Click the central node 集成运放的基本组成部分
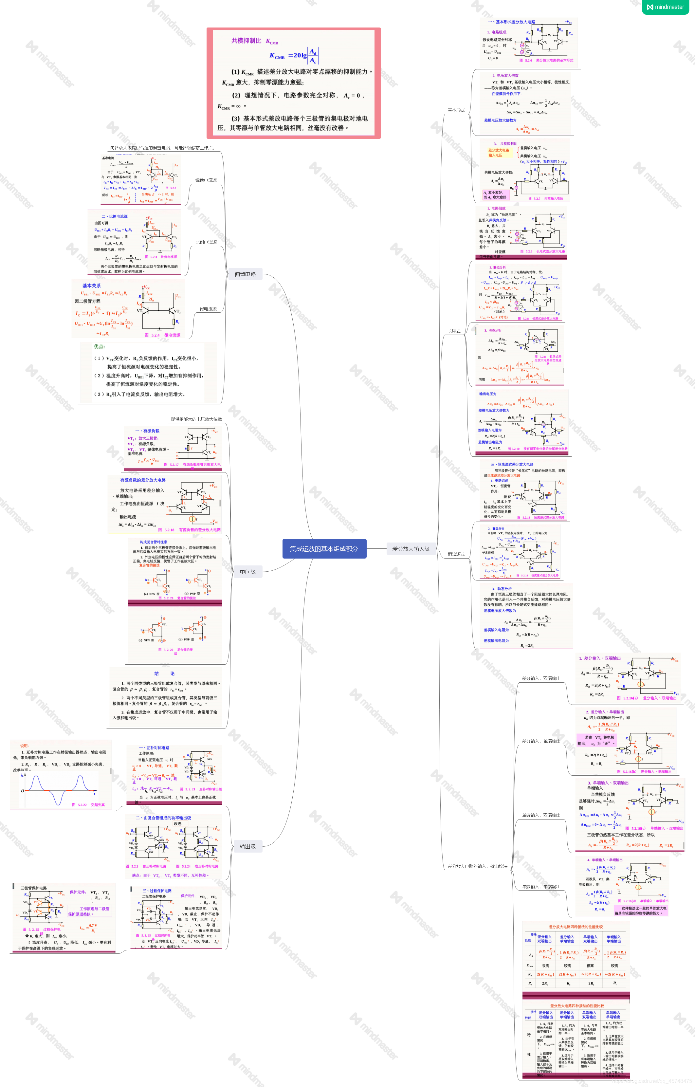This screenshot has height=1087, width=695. (x=324, y=548)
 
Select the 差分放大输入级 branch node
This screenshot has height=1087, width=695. (x=411, y=548)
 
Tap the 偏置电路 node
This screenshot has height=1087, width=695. (x=245, y=274)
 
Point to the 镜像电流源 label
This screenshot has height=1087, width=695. (x=206, y=180)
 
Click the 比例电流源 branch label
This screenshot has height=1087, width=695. (x=206, y=242)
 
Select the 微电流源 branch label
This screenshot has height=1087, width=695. (x=208, y=309)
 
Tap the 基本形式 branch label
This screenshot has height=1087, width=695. (x=456, y=110)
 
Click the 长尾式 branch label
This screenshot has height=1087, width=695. (x=454, y=331)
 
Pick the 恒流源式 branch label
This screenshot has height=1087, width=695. (x=456, y=554)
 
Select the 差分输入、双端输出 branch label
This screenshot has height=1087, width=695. (x=541, y=678)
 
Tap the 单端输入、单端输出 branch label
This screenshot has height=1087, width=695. (x=541, y=887)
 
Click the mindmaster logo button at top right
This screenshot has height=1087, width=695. (x=666, y=7)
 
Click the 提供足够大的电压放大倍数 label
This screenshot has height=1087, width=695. (x=196, y=419)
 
